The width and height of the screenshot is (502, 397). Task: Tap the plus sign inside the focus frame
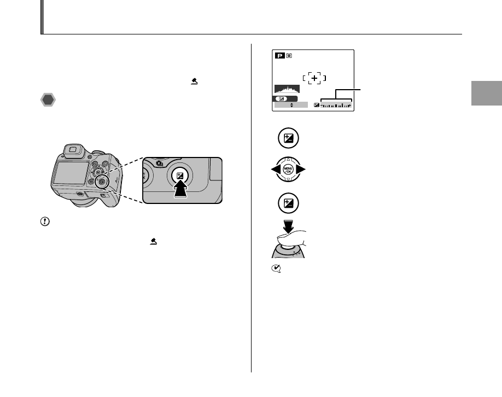click(x=314, y=78)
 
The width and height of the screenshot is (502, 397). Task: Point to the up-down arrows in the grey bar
click(x=291, y=104)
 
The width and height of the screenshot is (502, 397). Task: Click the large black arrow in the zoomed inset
click(x=181, y=192)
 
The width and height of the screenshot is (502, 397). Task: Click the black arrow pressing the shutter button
click(x=288, y=226)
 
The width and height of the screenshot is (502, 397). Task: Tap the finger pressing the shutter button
click(x=292, y=238)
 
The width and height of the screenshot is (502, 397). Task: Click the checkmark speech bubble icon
click(x=277, y=268)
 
